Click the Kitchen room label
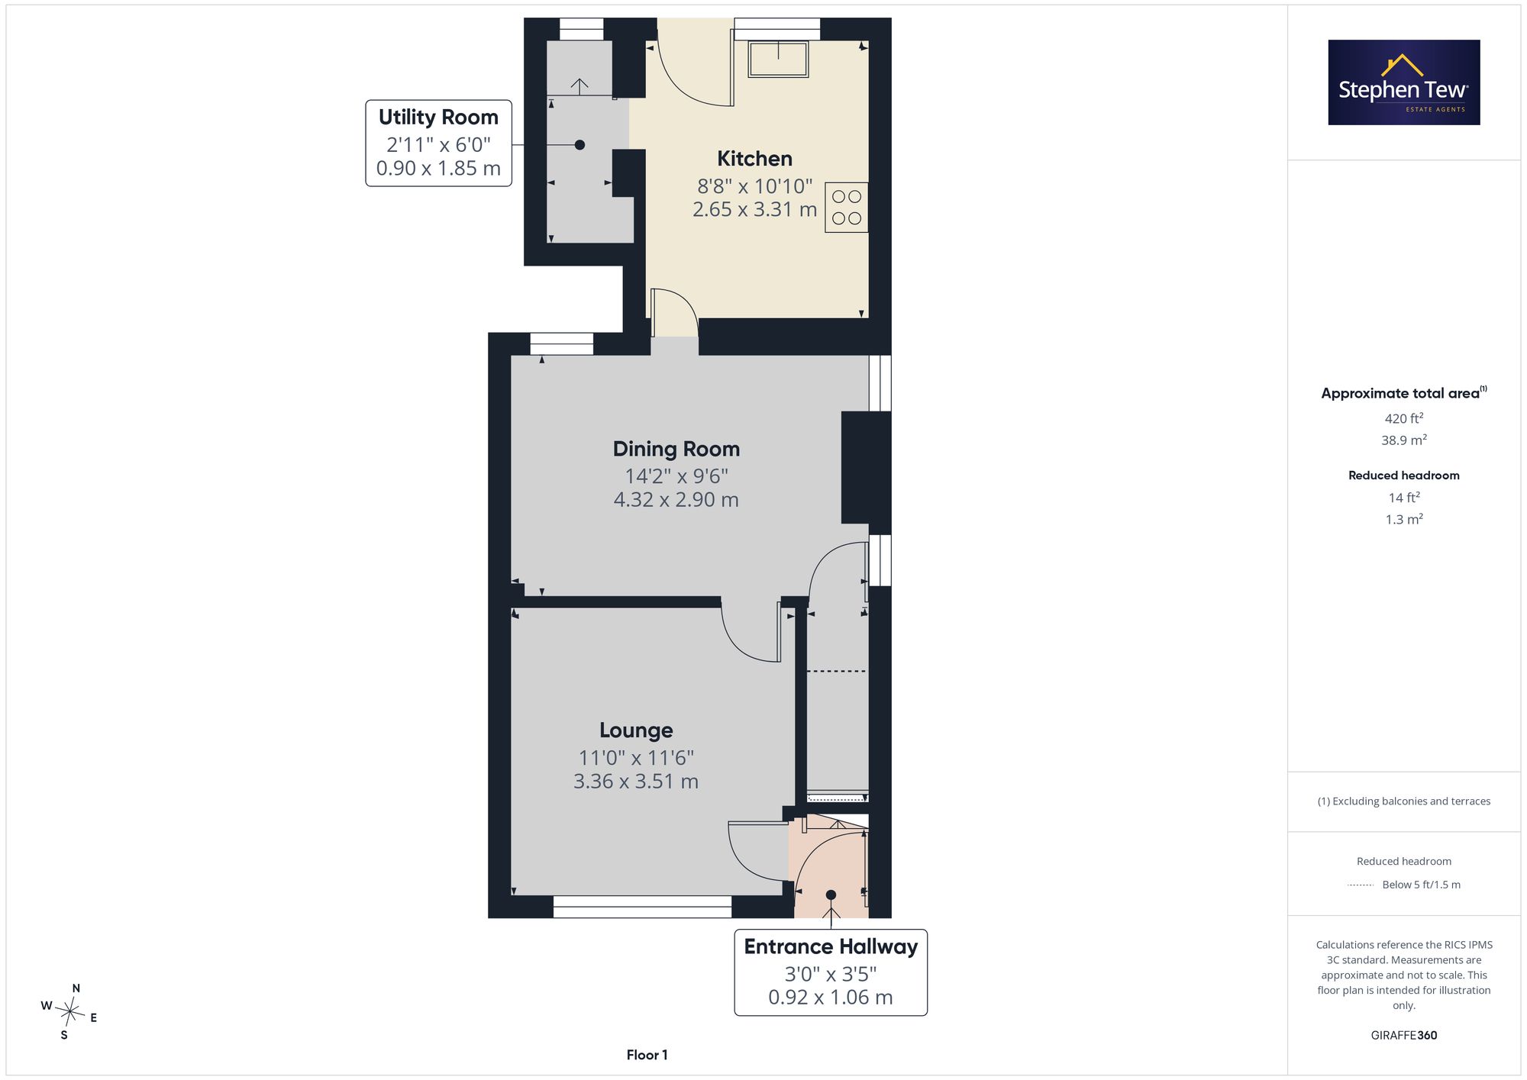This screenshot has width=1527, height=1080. [x=754, y=159]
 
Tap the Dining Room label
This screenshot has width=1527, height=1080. [x=676, y=449]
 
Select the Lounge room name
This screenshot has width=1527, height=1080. [x=636, y=730]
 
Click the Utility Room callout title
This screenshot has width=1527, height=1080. [x=438, y=117]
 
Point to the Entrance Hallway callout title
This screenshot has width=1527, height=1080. [x=831, y=946]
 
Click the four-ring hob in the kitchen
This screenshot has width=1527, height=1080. [x=846, y=208]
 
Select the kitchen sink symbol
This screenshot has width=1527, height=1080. [x=778, y=59]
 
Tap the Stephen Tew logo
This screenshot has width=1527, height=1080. [x=1404, y=82]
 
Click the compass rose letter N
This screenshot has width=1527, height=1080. [x=76, y=988]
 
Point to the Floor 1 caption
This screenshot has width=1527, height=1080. [x=647, y=1055]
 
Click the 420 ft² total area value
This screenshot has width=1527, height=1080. [x=1404, y=418]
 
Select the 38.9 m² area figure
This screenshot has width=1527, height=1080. [x=1404, y=440]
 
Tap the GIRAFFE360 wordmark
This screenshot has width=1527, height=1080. [x=1404, y=1035]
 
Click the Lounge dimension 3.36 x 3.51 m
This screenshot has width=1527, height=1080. [x=636, y=782]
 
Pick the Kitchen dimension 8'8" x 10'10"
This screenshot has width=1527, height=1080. [x=754, y=186]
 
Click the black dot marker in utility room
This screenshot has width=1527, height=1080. [x=579, y=145]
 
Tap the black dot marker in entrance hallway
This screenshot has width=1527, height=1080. [x=831, y=895]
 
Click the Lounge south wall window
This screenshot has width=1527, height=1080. [x=642, y=907]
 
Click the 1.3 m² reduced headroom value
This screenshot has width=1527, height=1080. [x=1404, y=519]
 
